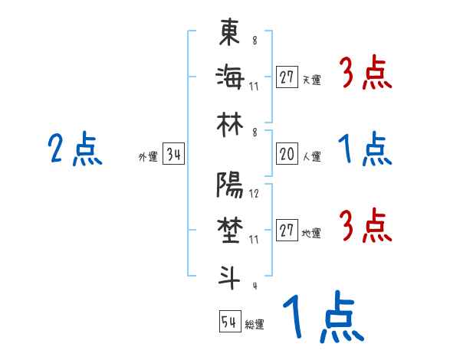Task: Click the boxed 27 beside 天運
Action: click(287, 77)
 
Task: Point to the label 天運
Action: click(311, 80)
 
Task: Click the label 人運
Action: click(311, 157)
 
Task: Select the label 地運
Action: click(311, 234)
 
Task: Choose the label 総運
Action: click(254, 324)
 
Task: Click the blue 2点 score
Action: click(74, 149)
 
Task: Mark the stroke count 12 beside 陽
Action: click(254, 194)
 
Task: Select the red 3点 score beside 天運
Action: click(364, 74)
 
